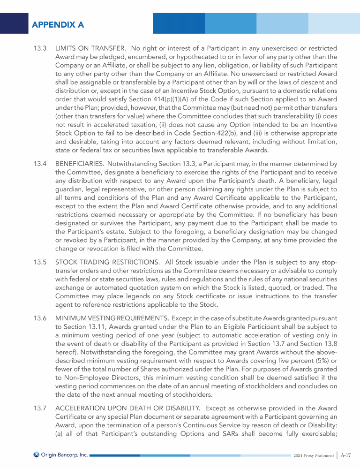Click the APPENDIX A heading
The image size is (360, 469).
click(58, 25)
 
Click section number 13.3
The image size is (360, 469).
click(40, 48)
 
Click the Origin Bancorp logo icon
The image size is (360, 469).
click(36, 454)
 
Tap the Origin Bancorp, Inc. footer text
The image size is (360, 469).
click(65, 454)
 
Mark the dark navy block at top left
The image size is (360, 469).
click(14, 23)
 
